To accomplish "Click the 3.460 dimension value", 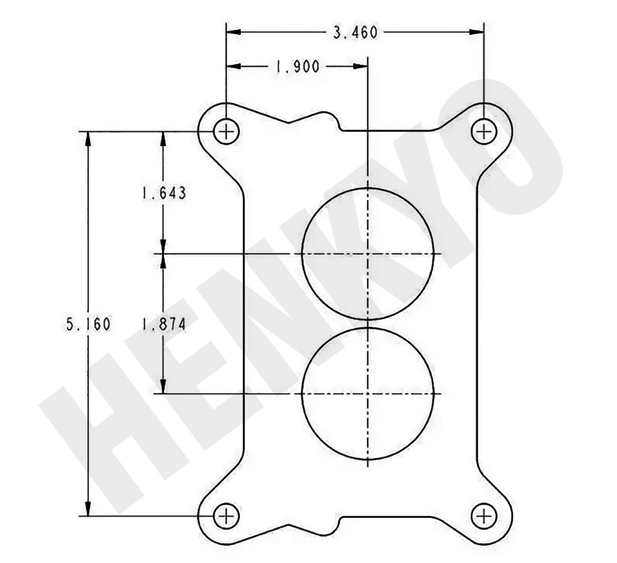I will tap(355, 32).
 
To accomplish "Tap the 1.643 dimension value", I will tap(164, 193).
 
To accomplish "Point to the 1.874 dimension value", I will tap(164, 325).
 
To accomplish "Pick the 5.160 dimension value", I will tap(88, 324).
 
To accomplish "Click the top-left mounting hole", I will tap(226, 132).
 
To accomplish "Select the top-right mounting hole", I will tap(483, 132).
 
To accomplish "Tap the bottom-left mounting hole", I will tap(226, 515).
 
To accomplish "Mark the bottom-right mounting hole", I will tap(483, 515).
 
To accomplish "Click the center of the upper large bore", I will tap(367, 254).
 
